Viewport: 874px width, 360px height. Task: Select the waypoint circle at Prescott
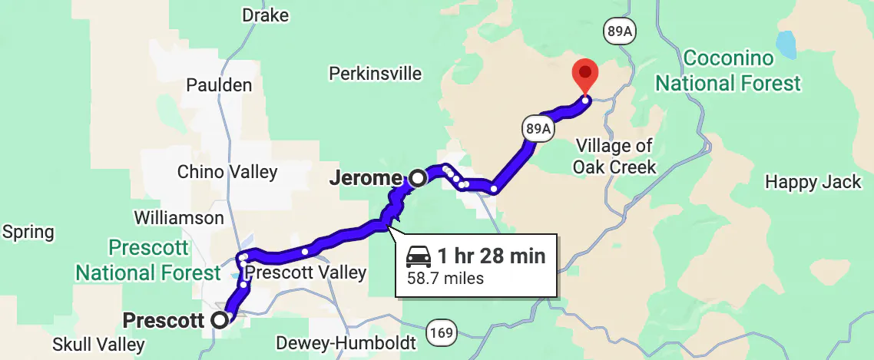[220, 320]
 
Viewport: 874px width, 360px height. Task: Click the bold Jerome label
[365, 179]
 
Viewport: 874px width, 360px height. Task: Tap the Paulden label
[219, 84]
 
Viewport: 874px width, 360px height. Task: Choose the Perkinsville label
[375, 74]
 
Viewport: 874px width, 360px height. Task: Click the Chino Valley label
[227, 171]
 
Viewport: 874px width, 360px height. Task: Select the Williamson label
[179, 218]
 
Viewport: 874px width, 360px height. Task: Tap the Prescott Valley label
[307, 272]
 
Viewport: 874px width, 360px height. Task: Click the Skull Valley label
[98, 345]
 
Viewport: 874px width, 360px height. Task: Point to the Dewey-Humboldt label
[346, 342]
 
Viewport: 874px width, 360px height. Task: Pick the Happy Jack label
[814, 182]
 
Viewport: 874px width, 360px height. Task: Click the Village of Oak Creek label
[614, 156]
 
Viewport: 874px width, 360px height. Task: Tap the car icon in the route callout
[419, 256]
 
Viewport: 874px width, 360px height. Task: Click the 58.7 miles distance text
[445, 278]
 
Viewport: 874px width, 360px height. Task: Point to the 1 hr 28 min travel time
[492, 256]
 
